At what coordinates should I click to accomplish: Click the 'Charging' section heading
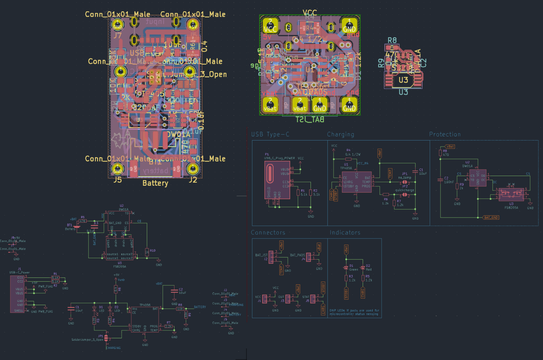click(340, 134)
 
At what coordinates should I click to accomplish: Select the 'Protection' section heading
click(445, 134)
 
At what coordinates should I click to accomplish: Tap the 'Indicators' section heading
click(345, 233)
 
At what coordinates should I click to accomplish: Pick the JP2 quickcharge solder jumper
click(404, 195)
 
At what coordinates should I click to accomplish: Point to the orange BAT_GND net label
click(491, 218)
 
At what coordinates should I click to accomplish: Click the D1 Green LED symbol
click(346, 268)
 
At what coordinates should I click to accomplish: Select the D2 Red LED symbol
click(363, 268)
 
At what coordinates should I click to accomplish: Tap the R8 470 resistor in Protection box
click(440, 153)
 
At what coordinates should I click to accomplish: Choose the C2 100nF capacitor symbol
click(440, 180)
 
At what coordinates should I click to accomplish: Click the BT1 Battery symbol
click(77, 227)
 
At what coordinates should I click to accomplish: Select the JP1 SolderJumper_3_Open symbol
click(106, 338)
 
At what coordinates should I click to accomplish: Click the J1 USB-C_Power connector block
click(17, 294)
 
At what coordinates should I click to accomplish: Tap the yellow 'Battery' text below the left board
click(155, 183)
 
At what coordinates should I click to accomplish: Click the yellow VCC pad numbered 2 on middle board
click(270, 26)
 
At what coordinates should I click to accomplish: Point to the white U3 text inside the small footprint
click(403, 80)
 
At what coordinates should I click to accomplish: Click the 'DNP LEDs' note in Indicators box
click(354, 312)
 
